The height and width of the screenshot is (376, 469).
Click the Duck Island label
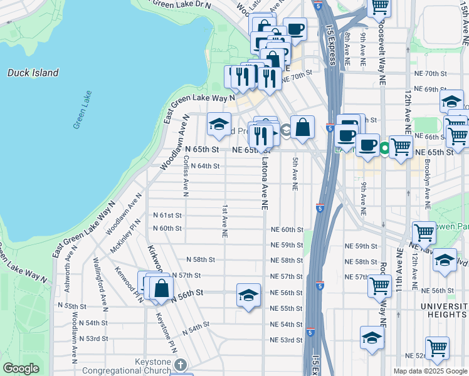coord(33,73)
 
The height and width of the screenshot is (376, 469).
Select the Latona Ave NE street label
coord(264,182)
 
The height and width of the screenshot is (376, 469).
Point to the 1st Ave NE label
coord(224,220)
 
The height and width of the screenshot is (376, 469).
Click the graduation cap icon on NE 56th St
coord(248,295)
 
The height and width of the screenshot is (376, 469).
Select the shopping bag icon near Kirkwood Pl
coord(161,288)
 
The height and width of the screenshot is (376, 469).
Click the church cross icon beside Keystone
coord(180,364)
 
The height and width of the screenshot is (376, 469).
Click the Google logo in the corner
coord(21,368)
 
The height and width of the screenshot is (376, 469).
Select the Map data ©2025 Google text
coord(430,371)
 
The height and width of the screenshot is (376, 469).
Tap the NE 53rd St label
coord(286,340)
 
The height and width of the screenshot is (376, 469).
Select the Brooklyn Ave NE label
coord(427,185)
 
